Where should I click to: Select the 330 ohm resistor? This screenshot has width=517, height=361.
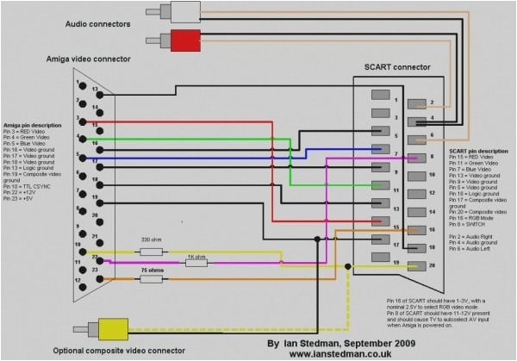[x=151, y=252]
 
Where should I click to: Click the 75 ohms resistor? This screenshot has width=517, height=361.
[x=151, y=279]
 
